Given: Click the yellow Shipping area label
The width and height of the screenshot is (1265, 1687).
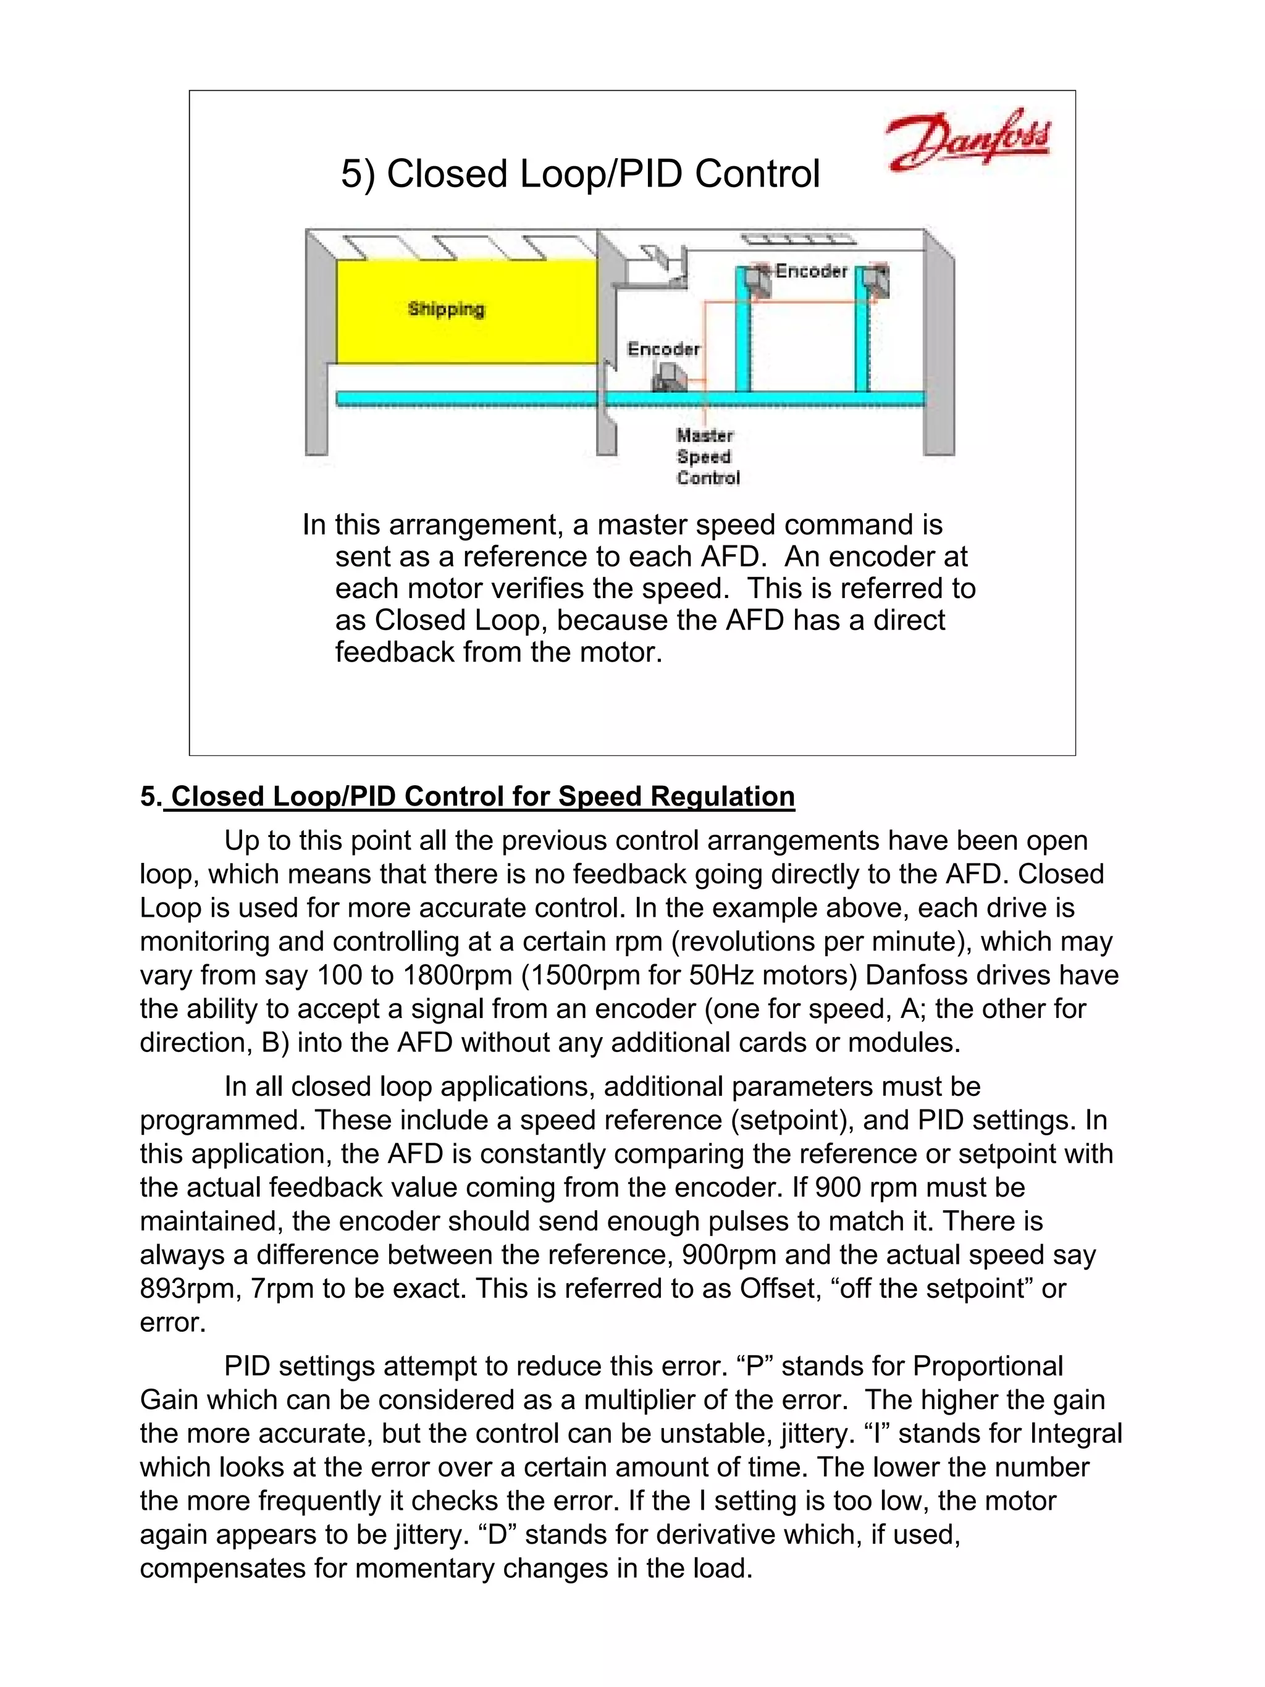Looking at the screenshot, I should (x=446, y=309).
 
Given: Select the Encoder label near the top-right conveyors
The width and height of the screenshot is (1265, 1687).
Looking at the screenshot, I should (x=810, y=271).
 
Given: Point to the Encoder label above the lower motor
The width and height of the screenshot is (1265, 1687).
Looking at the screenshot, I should (x=663, y=349).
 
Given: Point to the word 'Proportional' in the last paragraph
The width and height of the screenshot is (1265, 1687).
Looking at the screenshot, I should (x=988, y=1366).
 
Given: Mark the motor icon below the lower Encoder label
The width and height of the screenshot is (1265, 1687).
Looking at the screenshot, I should (x=669, y=377).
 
